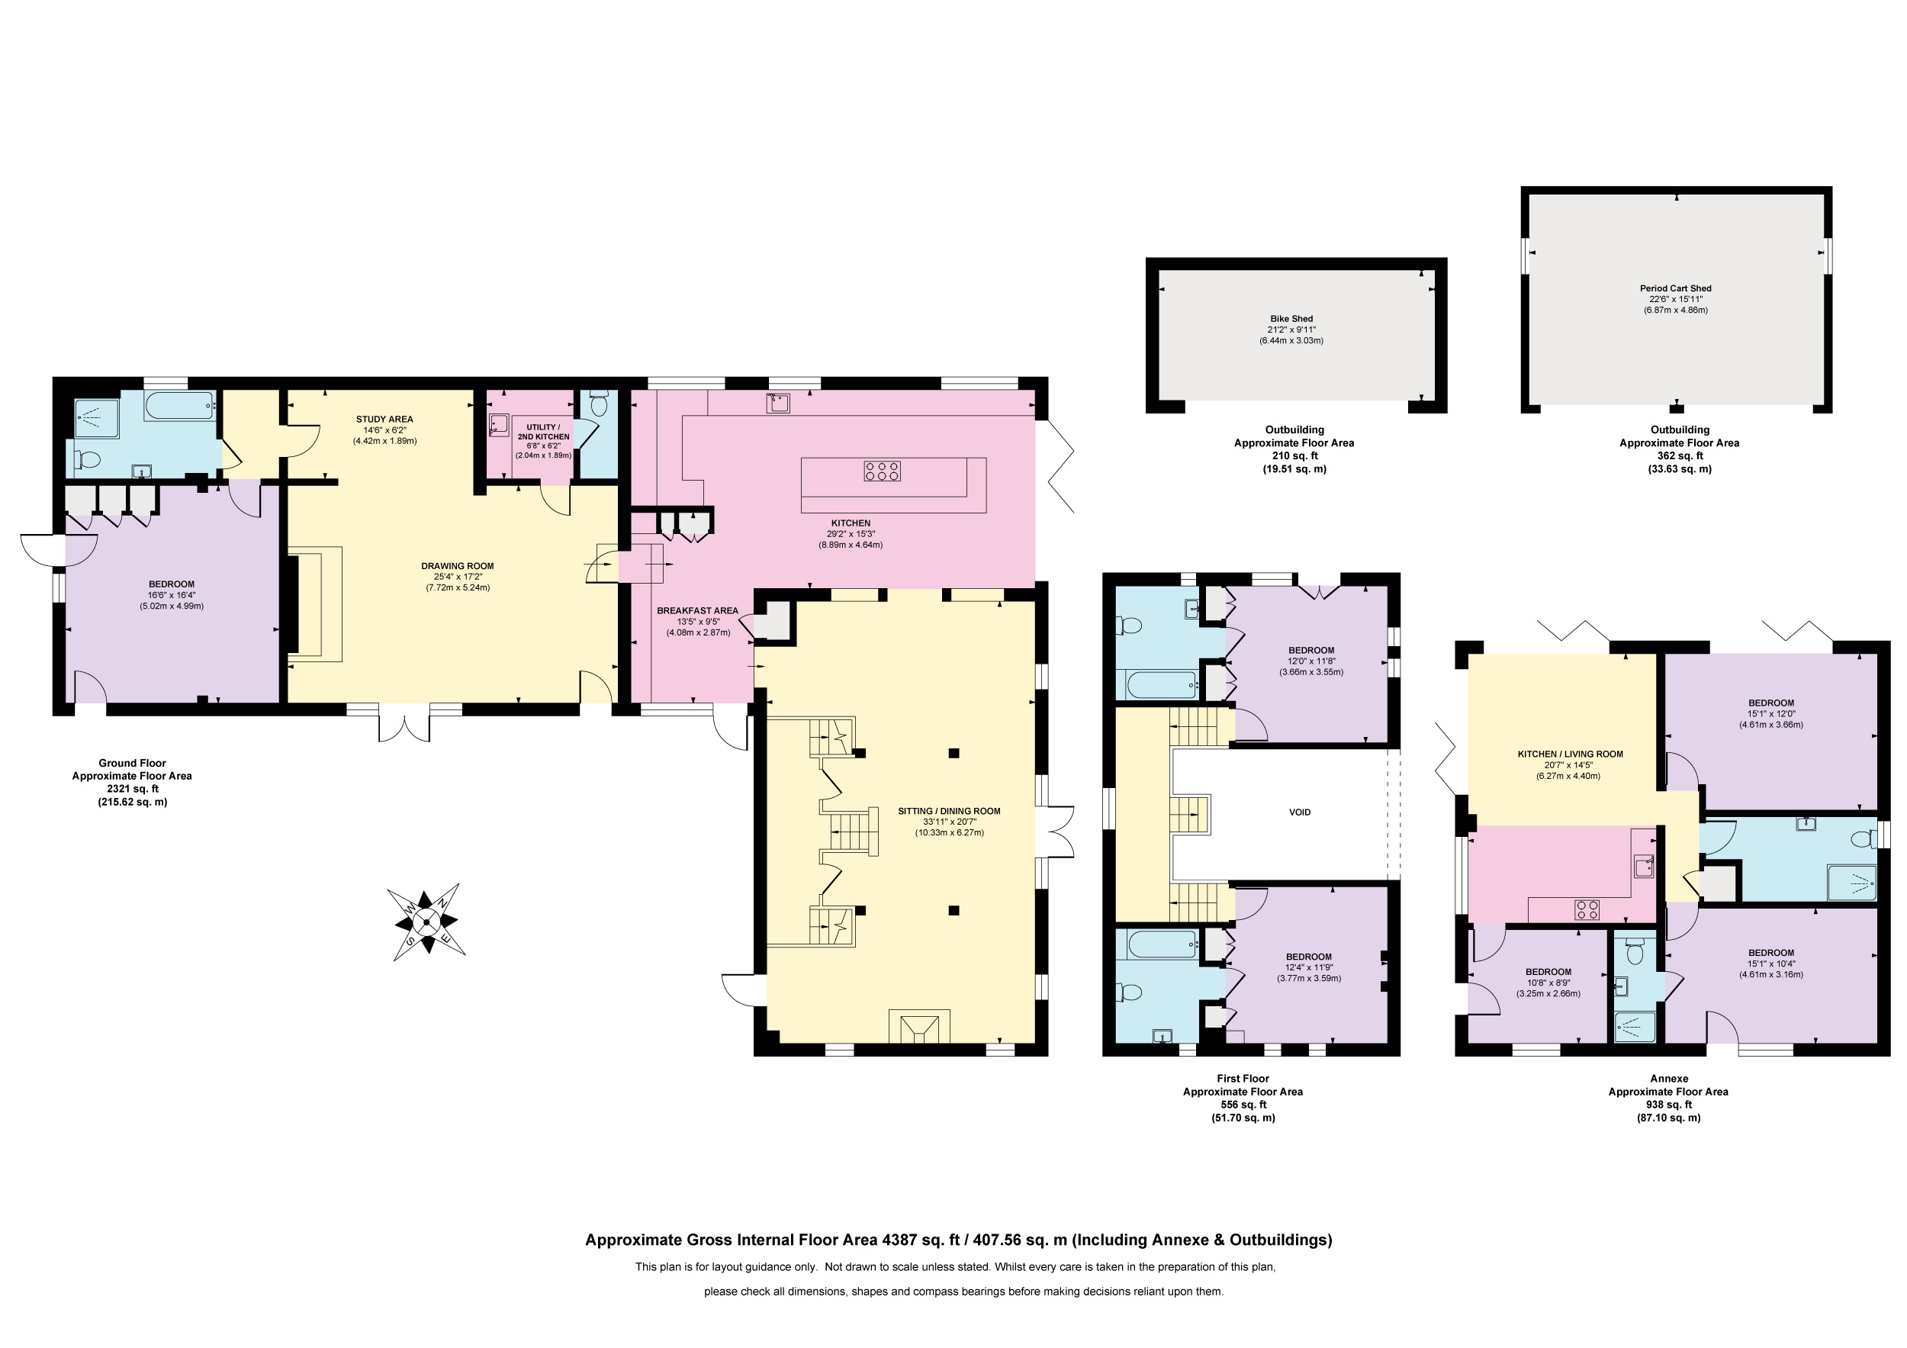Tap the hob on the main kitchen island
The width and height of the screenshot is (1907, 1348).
coord(882,471)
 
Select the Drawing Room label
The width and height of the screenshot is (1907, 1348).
coord(457,567)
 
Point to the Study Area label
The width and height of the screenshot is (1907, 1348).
coord(384,420)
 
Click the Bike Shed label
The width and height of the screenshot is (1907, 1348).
coord(1291,319)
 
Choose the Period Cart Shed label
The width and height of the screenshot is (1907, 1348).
coord(1675,288)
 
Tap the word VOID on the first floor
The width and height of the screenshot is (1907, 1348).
coord(1300,812)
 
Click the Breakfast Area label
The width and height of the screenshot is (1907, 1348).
coord(698,610)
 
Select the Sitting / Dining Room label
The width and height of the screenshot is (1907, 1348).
coord(950,812)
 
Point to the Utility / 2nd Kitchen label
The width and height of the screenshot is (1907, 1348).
coord(543,432)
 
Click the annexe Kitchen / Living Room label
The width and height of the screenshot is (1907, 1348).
coord(1570,754)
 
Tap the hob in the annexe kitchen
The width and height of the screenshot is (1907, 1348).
coord(1587,909)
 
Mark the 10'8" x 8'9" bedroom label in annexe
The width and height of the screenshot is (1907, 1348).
coord(1548,983)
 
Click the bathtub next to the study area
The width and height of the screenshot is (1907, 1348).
coord(180,405)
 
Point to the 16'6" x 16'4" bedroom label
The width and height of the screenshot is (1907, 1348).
coord(172,596)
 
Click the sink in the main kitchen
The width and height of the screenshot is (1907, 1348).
coord(778,403)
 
